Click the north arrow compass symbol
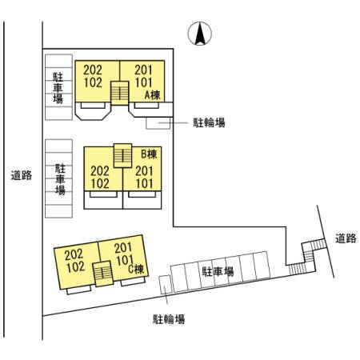[200, 34]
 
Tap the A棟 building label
[153, 95]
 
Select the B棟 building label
[149, 154]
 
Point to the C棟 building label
[136, 269]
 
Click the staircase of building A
[120, 93]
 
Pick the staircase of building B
[122, 156]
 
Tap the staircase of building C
[103, 274]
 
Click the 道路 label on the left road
[22, 175]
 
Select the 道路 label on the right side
[346, 238]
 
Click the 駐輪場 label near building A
[209, 122]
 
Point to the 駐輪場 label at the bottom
[169, 319]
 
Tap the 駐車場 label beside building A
[58, 88]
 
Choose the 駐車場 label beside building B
[60, 179]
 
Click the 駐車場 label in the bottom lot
[218, 271]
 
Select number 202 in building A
[93, 70]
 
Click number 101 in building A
[144, 82]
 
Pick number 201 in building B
[144, 171]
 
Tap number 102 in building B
[100, 184]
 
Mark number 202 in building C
[74, 254]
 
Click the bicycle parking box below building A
[158, 123]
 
